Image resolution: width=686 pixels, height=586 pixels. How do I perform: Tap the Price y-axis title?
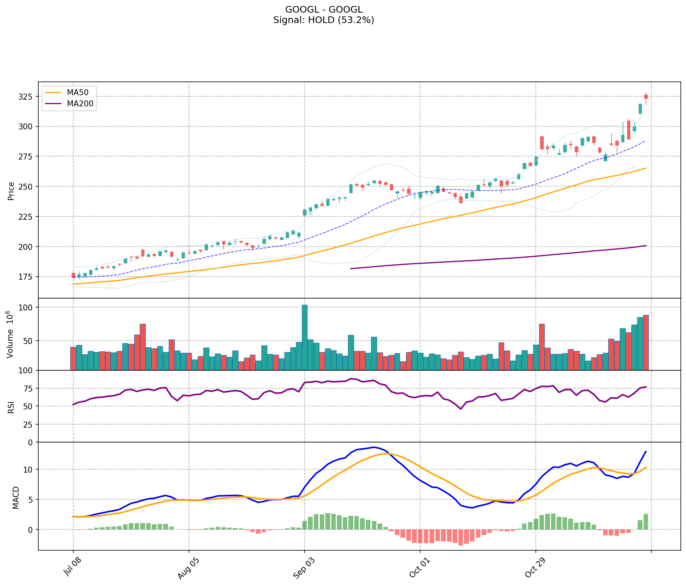pos(11,191)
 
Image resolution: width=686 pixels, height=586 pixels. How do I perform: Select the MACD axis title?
pos(16,498)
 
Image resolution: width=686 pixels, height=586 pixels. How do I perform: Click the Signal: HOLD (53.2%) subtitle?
pos(323,20)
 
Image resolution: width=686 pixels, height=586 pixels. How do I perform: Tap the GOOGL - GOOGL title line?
pos(323,10)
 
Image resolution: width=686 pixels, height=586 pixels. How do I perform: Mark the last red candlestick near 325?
pos(646,97)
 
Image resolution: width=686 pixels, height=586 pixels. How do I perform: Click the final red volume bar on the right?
pos(646,342)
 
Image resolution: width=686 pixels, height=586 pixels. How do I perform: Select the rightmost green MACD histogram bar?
pos(646,522)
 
